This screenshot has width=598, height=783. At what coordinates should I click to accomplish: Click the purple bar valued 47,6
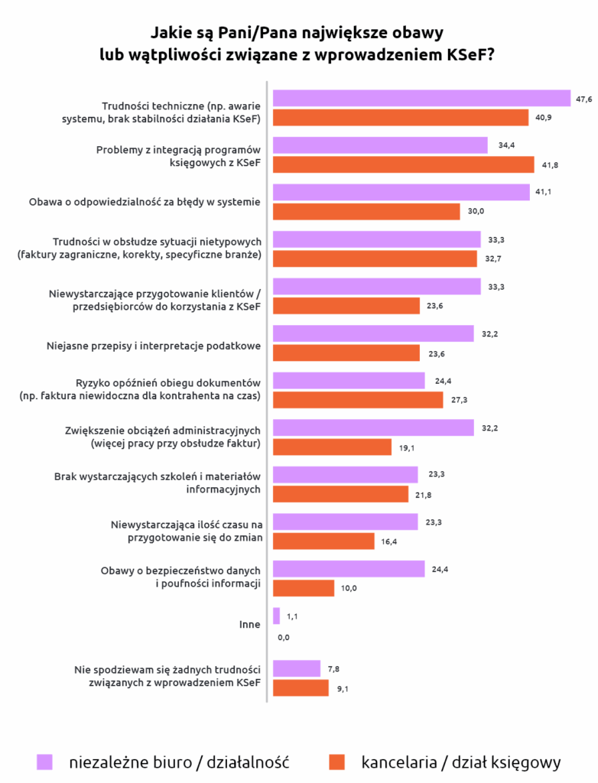pos(421,99)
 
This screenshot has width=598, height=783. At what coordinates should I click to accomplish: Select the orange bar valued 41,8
pos(403,164)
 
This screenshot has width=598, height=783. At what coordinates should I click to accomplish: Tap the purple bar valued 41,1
pos(401,193)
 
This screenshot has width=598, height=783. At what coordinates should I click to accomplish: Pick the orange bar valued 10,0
pos(304,588)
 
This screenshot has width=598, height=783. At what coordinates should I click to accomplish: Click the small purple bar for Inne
pos(276,616)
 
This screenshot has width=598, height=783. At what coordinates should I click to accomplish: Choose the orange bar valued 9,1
pos(301,688)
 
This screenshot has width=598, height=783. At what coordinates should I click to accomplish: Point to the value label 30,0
pos(476,212)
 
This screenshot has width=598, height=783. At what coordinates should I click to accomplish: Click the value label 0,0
pos(284,637)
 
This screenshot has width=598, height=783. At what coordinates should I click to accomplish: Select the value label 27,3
pos(460,400)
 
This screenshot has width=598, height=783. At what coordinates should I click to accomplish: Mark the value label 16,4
pos(391,541)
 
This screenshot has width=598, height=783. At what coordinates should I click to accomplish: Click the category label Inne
pos(250,625)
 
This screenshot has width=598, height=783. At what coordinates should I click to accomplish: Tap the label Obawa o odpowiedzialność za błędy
pos(145,203)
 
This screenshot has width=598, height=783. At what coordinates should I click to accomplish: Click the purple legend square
pos(44,762)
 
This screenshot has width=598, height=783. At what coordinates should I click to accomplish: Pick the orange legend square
pos(336,762)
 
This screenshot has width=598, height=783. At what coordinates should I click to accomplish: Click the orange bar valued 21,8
pos(340,494)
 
